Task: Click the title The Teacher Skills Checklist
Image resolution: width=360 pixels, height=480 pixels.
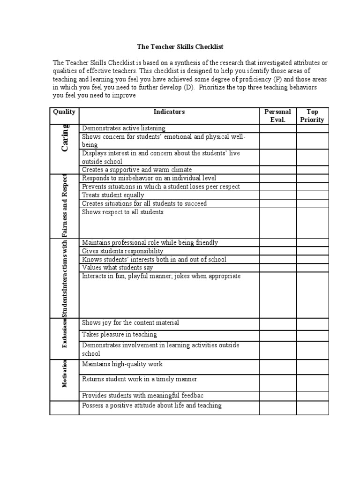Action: (x=180, y=47)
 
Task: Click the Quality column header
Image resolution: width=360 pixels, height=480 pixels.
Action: (x=64, y=112)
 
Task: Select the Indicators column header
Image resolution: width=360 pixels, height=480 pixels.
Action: (x=169, y=112)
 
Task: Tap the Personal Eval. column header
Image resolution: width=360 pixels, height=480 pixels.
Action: (x=277, y=116)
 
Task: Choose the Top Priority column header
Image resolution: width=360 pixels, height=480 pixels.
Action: (x=312, y=116)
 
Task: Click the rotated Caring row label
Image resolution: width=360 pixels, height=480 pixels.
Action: (x=65, y=138)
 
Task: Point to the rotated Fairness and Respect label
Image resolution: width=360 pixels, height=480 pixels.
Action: (x=65, y=205)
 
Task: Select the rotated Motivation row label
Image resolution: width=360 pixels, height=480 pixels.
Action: (x=65, y=373)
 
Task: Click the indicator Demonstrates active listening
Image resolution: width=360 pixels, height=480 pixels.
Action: (x=124, y=128)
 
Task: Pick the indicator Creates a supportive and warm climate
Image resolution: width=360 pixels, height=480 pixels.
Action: (x=137, y=170)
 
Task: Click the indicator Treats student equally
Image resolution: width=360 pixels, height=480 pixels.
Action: (x=113, y=195)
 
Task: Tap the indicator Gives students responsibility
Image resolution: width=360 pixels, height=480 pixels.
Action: (x=123, y=251)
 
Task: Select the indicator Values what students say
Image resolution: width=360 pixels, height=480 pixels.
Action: (x=117, y=268)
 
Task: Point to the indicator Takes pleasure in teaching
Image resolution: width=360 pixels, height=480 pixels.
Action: (x=120, y=335)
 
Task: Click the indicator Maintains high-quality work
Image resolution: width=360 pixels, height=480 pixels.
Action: (x=122, y=364)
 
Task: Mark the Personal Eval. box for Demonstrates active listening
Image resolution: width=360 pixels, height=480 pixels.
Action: (x=277, y=128)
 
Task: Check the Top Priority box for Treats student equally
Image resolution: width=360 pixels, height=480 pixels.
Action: (x=312, y=195)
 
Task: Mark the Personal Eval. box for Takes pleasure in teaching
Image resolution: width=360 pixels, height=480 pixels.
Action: (x=277, y=336)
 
